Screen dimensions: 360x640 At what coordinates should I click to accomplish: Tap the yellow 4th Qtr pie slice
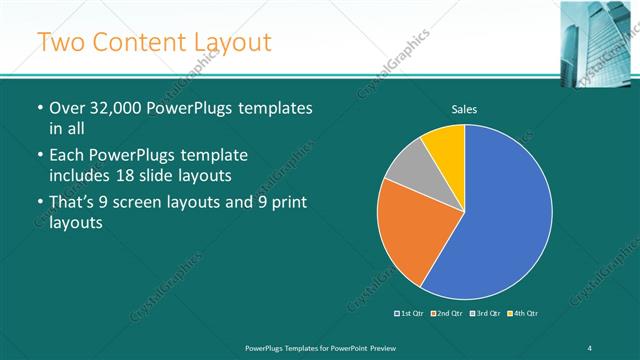click(x=446, y=146)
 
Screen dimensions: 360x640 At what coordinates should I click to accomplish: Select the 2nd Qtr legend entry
click(x=449, y=313)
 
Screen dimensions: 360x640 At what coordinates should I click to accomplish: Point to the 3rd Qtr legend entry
click(x=486, y=313)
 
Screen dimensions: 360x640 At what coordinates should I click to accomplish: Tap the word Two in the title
click(x=61, y=42)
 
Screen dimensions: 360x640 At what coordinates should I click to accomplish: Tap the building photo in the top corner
click(x=599, y=36)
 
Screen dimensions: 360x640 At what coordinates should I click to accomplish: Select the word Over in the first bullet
click(x=70, y=108)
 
